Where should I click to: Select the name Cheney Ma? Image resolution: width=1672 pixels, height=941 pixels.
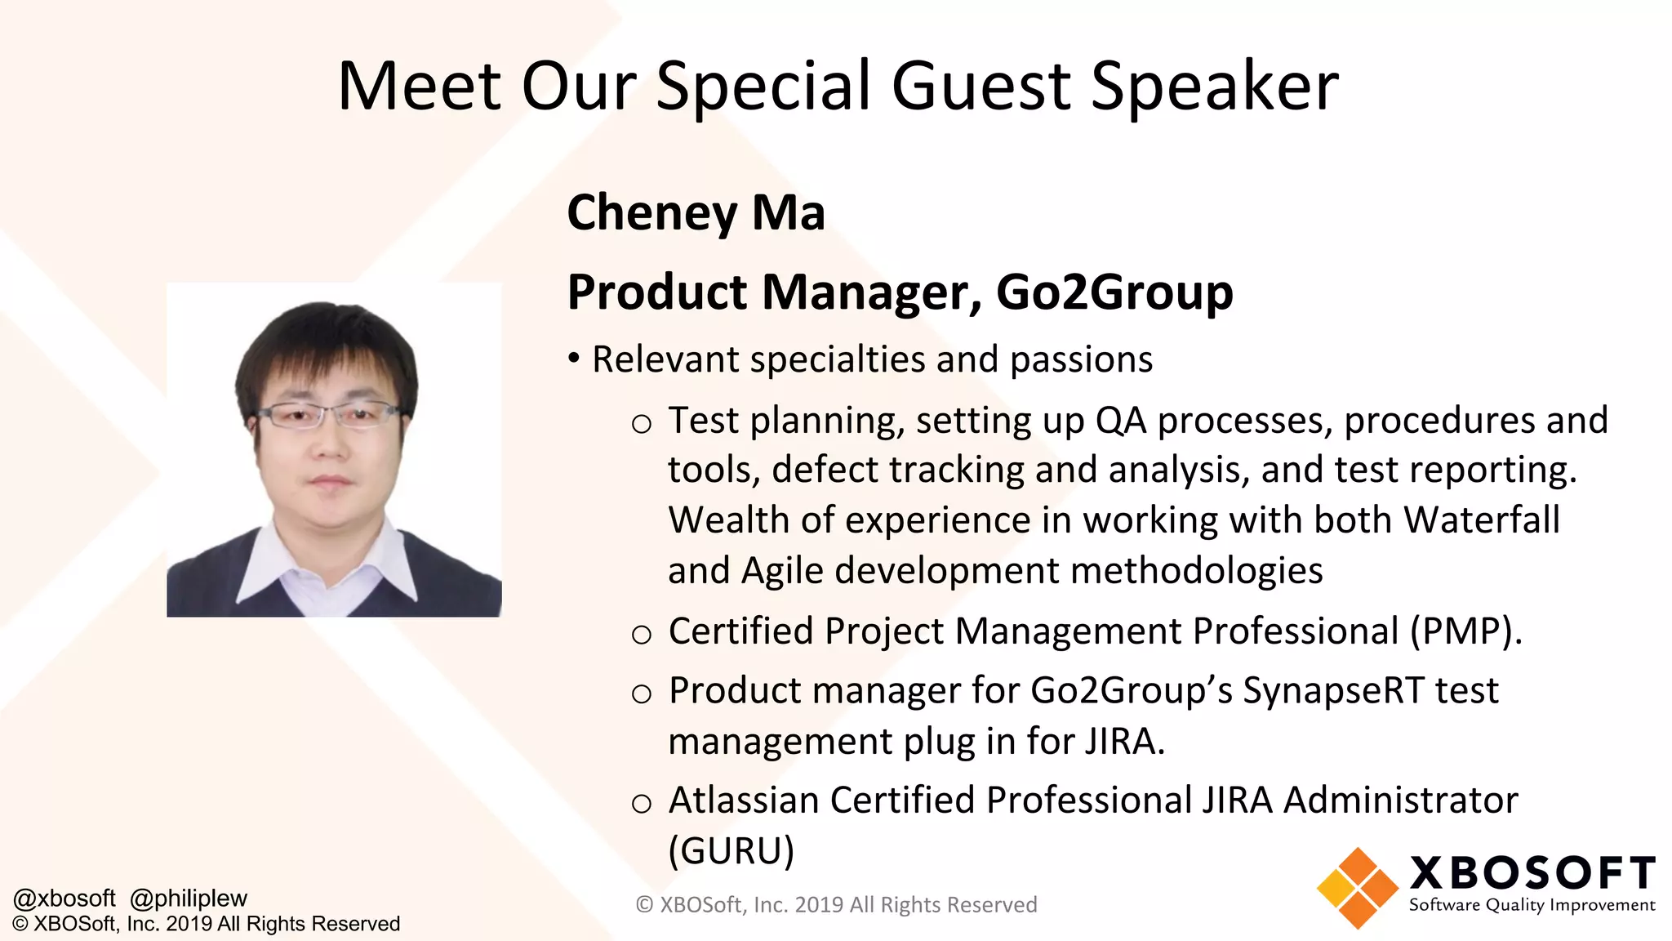[x=696, y=212]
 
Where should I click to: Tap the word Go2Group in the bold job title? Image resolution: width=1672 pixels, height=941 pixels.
[x=1114, y=292]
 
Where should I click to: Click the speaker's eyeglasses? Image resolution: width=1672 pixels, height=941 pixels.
[x=330, y=417]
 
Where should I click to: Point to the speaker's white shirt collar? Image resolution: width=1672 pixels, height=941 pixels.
[x=269, y=564]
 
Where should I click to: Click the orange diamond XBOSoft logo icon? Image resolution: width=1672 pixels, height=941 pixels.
[x=1357, y=888]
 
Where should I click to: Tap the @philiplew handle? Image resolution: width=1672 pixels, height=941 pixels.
[x=189, y=898]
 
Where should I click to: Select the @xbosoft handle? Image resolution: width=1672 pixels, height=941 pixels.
[x=64, y=898]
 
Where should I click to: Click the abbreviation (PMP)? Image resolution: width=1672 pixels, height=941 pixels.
[x=1466, y=631]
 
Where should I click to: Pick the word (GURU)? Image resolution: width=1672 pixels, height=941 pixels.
[x=731, y=850]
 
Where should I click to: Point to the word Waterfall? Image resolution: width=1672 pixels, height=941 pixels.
[x=1481, y=520]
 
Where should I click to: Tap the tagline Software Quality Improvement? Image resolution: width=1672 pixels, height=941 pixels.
[x=1532, y=905]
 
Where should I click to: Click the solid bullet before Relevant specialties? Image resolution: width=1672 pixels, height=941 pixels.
[x=575, y=359]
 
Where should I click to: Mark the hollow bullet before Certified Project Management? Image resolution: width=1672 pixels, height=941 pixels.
[x=642, y=634]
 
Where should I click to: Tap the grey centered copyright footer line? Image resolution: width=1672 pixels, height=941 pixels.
[x=836, y=905]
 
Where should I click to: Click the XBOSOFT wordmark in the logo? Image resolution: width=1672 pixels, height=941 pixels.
[x=1532, y=872]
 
